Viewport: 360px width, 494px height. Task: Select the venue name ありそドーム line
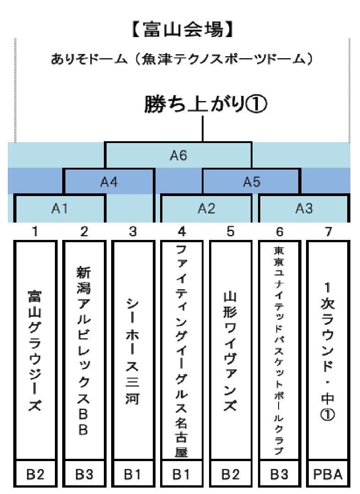(182, 59)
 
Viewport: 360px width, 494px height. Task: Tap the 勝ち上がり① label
(205, 104)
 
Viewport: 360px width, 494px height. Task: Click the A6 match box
(178, 155)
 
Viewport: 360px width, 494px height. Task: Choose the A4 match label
(109, 182)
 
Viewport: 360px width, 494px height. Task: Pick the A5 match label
(252, 182)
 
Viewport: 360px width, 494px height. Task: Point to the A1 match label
(59, 208)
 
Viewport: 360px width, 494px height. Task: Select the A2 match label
(206, 208)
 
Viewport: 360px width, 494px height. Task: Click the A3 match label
(304, 208)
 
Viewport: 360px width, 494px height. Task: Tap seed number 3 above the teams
(133, 232)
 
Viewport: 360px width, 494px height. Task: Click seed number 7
(328, 232)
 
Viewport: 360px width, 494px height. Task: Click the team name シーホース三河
(132, 351)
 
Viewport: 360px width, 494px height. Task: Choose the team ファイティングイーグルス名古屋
(181, 351)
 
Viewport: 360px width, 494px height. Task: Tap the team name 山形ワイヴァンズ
(230, 351)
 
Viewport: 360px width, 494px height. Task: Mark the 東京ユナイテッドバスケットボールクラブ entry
(279, 351)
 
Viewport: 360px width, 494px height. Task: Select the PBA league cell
(328, 474)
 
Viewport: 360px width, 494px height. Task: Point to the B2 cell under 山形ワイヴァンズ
(230, 474)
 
